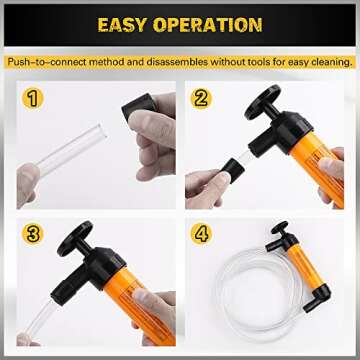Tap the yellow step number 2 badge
[202, 99]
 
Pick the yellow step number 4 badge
[202, 234]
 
